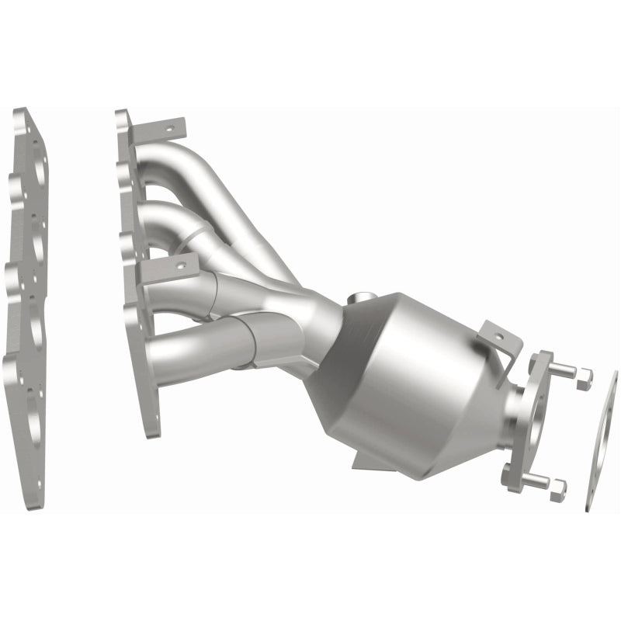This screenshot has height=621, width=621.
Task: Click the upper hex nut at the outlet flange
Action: (x=583, y=378)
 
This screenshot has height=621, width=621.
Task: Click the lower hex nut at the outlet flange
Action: (x=557, y=488)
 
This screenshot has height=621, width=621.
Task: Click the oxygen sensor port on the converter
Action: (x=359, y=299)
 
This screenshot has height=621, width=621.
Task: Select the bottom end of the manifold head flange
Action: (x=152, y=423)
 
